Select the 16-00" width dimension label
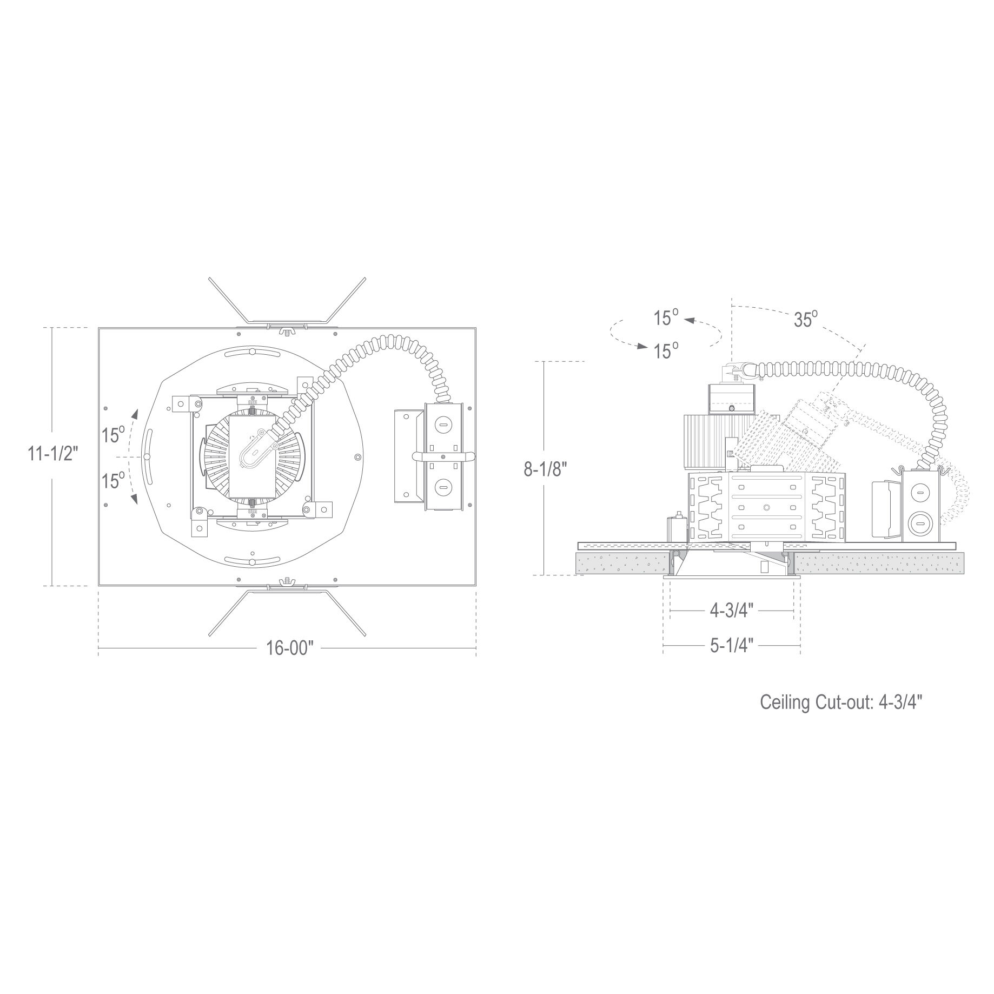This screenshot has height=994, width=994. tap(290, 647)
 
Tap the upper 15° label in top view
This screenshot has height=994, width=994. tap(114, 434)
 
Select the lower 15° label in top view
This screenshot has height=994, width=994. tap(114, 480)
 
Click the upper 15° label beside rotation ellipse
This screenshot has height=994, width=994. tap(666, 317)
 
